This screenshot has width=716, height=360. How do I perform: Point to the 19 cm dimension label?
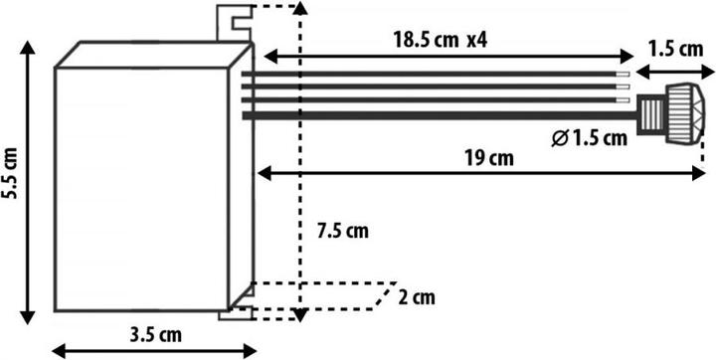[x=488, y=157]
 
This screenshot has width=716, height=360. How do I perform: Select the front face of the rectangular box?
[x=139, y=189]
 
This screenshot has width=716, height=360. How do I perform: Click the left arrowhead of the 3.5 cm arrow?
[x=57, y=349]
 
